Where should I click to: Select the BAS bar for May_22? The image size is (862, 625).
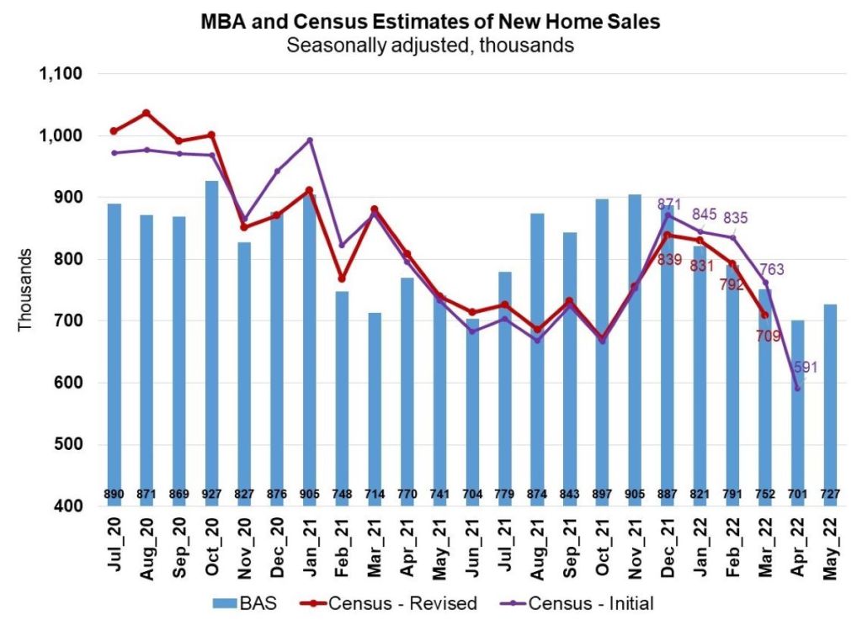pos(829,405)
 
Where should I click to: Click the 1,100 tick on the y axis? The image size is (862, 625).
pos(61,74)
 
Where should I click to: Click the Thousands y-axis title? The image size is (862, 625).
pos(25,289)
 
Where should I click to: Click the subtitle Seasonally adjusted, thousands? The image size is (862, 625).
pos(430,45)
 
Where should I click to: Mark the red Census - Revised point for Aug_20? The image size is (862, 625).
pos(146,113)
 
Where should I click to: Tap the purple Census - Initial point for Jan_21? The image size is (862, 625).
pos(310,140)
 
